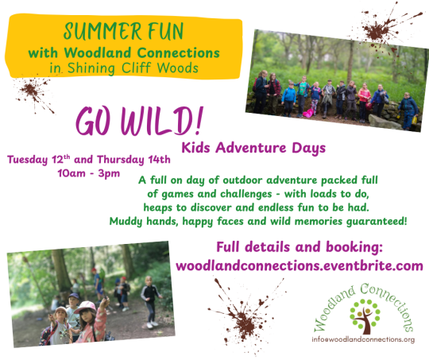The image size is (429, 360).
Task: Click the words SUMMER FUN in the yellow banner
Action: click(124, 31)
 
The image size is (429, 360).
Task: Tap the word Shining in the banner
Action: click(91, 68)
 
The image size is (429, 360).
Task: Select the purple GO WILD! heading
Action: click(140, 122)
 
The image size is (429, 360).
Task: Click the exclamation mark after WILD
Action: click(199, 121)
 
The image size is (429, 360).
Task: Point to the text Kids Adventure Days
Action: click(253, 148)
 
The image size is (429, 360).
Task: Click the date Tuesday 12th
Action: click(39, 160)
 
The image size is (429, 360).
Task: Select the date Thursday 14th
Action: click(133, 160)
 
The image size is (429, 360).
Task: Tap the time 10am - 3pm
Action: click(89, 173)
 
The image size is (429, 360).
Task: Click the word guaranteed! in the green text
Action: click(377, 221)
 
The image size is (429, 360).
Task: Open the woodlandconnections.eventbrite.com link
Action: click(300, 265)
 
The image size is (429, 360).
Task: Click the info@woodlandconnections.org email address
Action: click(363, 339)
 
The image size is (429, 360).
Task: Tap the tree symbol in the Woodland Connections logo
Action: click(365, 316)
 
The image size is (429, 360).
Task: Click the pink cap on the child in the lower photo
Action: click(85, 308)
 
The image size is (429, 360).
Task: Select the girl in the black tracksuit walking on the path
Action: click(150, 302)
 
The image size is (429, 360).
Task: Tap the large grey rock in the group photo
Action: click(385, 122)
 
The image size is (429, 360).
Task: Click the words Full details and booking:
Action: click(300, 247)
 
